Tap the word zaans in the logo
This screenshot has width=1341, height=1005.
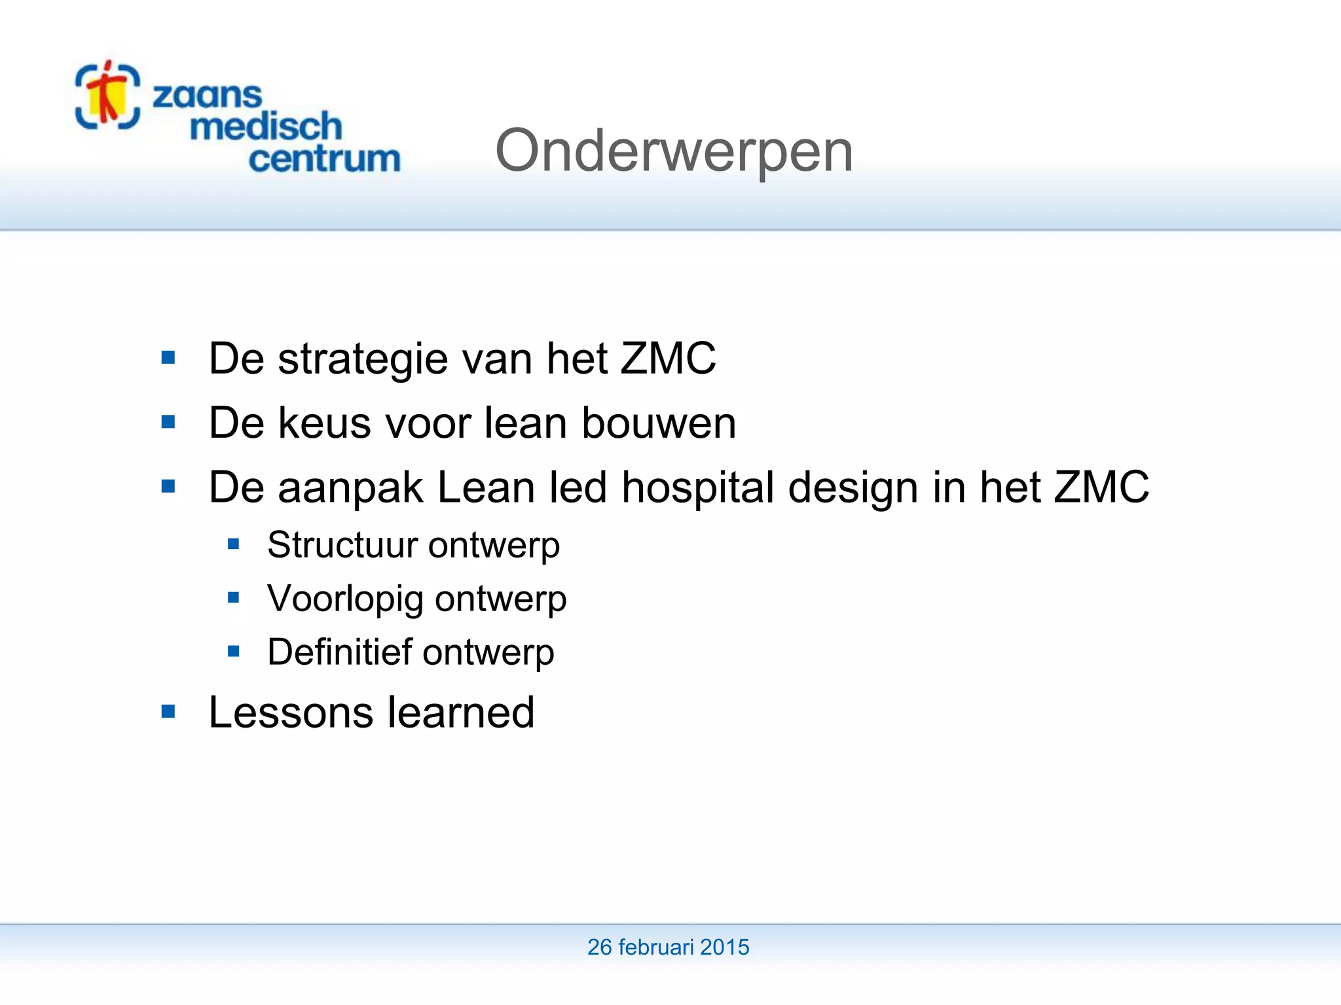(x=207, y=96)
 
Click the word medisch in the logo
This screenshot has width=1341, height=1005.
(x=266, y=126)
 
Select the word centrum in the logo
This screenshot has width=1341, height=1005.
(x=324, y=159)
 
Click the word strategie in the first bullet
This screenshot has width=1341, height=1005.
(x=363, y=359)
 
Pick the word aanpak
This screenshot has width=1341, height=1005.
(x=350, y=488)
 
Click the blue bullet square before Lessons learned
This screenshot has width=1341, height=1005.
(x=168, y=711)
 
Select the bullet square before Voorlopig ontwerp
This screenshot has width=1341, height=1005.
(x=234, y=597)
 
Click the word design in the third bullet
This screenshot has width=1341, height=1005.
(x=853, y=488)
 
